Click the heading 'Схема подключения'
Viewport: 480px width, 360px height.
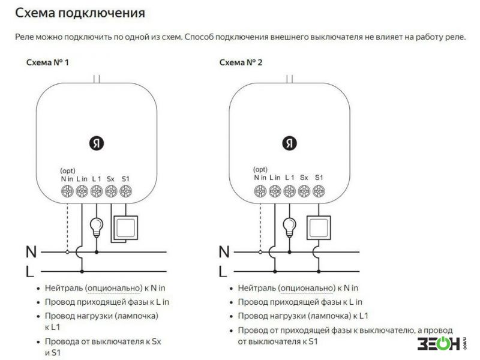(x=80, y=13)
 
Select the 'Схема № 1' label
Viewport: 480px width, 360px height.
(x=47, y=62)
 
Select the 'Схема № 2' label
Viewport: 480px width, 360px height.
(x=241, y=62)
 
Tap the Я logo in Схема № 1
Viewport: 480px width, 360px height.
(x=97, y=143)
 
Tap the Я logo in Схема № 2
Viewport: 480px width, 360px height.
(x=289, y=143)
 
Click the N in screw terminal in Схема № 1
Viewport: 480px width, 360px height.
(x=67, y=191)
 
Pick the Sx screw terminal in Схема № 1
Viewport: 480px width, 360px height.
(x=111, y=191)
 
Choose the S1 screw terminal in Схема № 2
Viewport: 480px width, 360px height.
(x=319, y=191)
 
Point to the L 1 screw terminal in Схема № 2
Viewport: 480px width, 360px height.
(x=290, y=191)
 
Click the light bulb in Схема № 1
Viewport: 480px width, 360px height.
(x=97, y=227)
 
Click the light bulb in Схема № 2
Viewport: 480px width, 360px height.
(x=290, y=227)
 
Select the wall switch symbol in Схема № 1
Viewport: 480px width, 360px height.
(x=125, y=228)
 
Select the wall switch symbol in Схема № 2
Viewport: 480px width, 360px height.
(x=319, y=228)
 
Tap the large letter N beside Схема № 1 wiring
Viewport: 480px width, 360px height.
(x=31, y=252)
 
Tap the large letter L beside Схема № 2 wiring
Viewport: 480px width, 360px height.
(x=223, y=272)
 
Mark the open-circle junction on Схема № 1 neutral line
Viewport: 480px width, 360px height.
(x=67, y=252)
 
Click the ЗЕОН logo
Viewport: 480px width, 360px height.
(x=442, y=343)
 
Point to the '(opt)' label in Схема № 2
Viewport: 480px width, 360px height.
(x=260, y=169)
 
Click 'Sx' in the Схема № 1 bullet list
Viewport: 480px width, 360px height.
(x=156, y=341)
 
